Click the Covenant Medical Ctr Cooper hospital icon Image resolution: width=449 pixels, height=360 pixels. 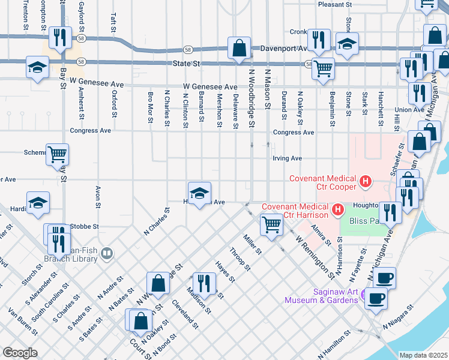[364, 179]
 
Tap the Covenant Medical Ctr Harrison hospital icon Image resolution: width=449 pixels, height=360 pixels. [338, 209]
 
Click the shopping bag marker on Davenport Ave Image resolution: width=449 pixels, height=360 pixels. [239, 48]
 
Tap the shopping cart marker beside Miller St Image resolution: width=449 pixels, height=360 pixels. [271, 226]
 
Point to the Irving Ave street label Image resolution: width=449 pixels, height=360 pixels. [287, 158]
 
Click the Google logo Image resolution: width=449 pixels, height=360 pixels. [20, 353]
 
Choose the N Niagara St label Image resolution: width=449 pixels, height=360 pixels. [400, 315]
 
